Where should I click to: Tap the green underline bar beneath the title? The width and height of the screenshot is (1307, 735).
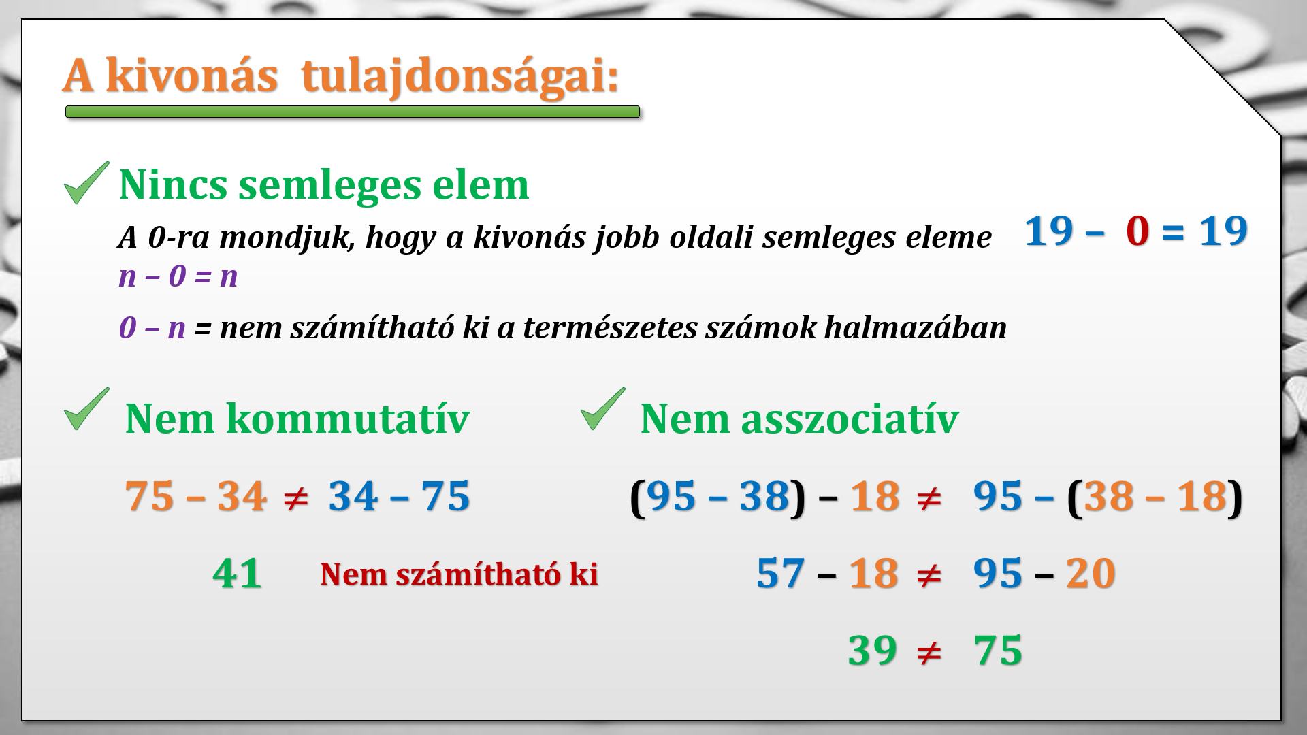[353, 112]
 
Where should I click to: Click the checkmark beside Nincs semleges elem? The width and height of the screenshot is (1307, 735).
[86, 182]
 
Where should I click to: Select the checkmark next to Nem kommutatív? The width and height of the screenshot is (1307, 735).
[86, 408]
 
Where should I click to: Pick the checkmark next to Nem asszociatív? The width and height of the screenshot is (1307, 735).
[603, 408]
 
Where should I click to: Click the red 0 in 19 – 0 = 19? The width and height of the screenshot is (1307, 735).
[1137, 231]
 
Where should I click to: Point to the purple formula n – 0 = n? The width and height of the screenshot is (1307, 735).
[178, 277]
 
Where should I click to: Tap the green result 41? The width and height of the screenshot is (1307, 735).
[238, 573]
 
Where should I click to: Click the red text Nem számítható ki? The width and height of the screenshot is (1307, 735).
[459, 574]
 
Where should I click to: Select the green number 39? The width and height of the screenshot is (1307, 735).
[873, 650]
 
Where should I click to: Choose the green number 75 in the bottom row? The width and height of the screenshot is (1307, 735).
[998, 650]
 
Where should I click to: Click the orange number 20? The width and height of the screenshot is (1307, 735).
[1091, 573]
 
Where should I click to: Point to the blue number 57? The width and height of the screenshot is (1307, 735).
[781, 573]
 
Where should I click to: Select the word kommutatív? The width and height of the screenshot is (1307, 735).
[348, 419]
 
